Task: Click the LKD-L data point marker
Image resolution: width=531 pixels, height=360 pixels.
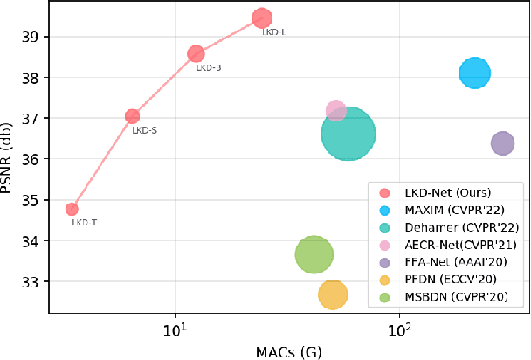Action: click(262, 17)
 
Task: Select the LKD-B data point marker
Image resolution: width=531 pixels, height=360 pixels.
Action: click(197, 53)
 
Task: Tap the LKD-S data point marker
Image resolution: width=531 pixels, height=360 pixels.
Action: click(133, 116)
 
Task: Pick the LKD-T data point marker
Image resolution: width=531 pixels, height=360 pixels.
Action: click(72, 209)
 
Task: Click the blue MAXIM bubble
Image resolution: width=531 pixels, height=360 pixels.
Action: click(474, 73)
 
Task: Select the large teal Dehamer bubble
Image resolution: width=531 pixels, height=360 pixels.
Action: click(348, 134)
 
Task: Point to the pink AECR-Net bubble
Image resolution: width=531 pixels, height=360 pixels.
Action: click(335, 110)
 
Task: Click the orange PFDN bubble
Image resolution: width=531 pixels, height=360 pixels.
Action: click(333, 295)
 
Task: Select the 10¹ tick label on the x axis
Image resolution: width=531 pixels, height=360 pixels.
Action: click(176, 331)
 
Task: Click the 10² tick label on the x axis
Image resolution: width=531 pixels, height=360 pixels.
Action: click(400, 331)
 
